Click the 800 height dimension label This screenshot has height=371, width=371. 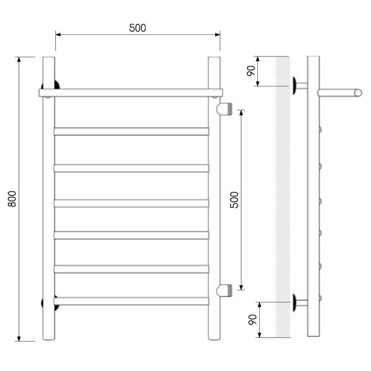(x=12, y=199)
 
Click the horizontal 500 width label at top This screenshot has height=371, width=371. (x=137, y=28)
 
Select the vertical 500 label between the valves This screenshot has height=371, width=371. (x=234, y=200)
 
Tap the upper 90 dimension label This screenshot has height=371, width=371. (x=251, y=71)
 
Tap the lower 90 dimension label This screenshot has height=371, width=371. (x=253, y=320)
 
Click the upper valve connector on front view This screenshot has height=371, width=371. (x=224, y=109)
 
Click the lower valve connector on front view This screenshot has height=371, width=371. (x=224, y=290)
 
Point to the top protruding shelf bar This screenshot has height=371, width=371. (x=131, y=93)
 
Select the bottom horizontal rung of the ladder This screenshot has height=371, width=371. (x=131, y=301)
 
